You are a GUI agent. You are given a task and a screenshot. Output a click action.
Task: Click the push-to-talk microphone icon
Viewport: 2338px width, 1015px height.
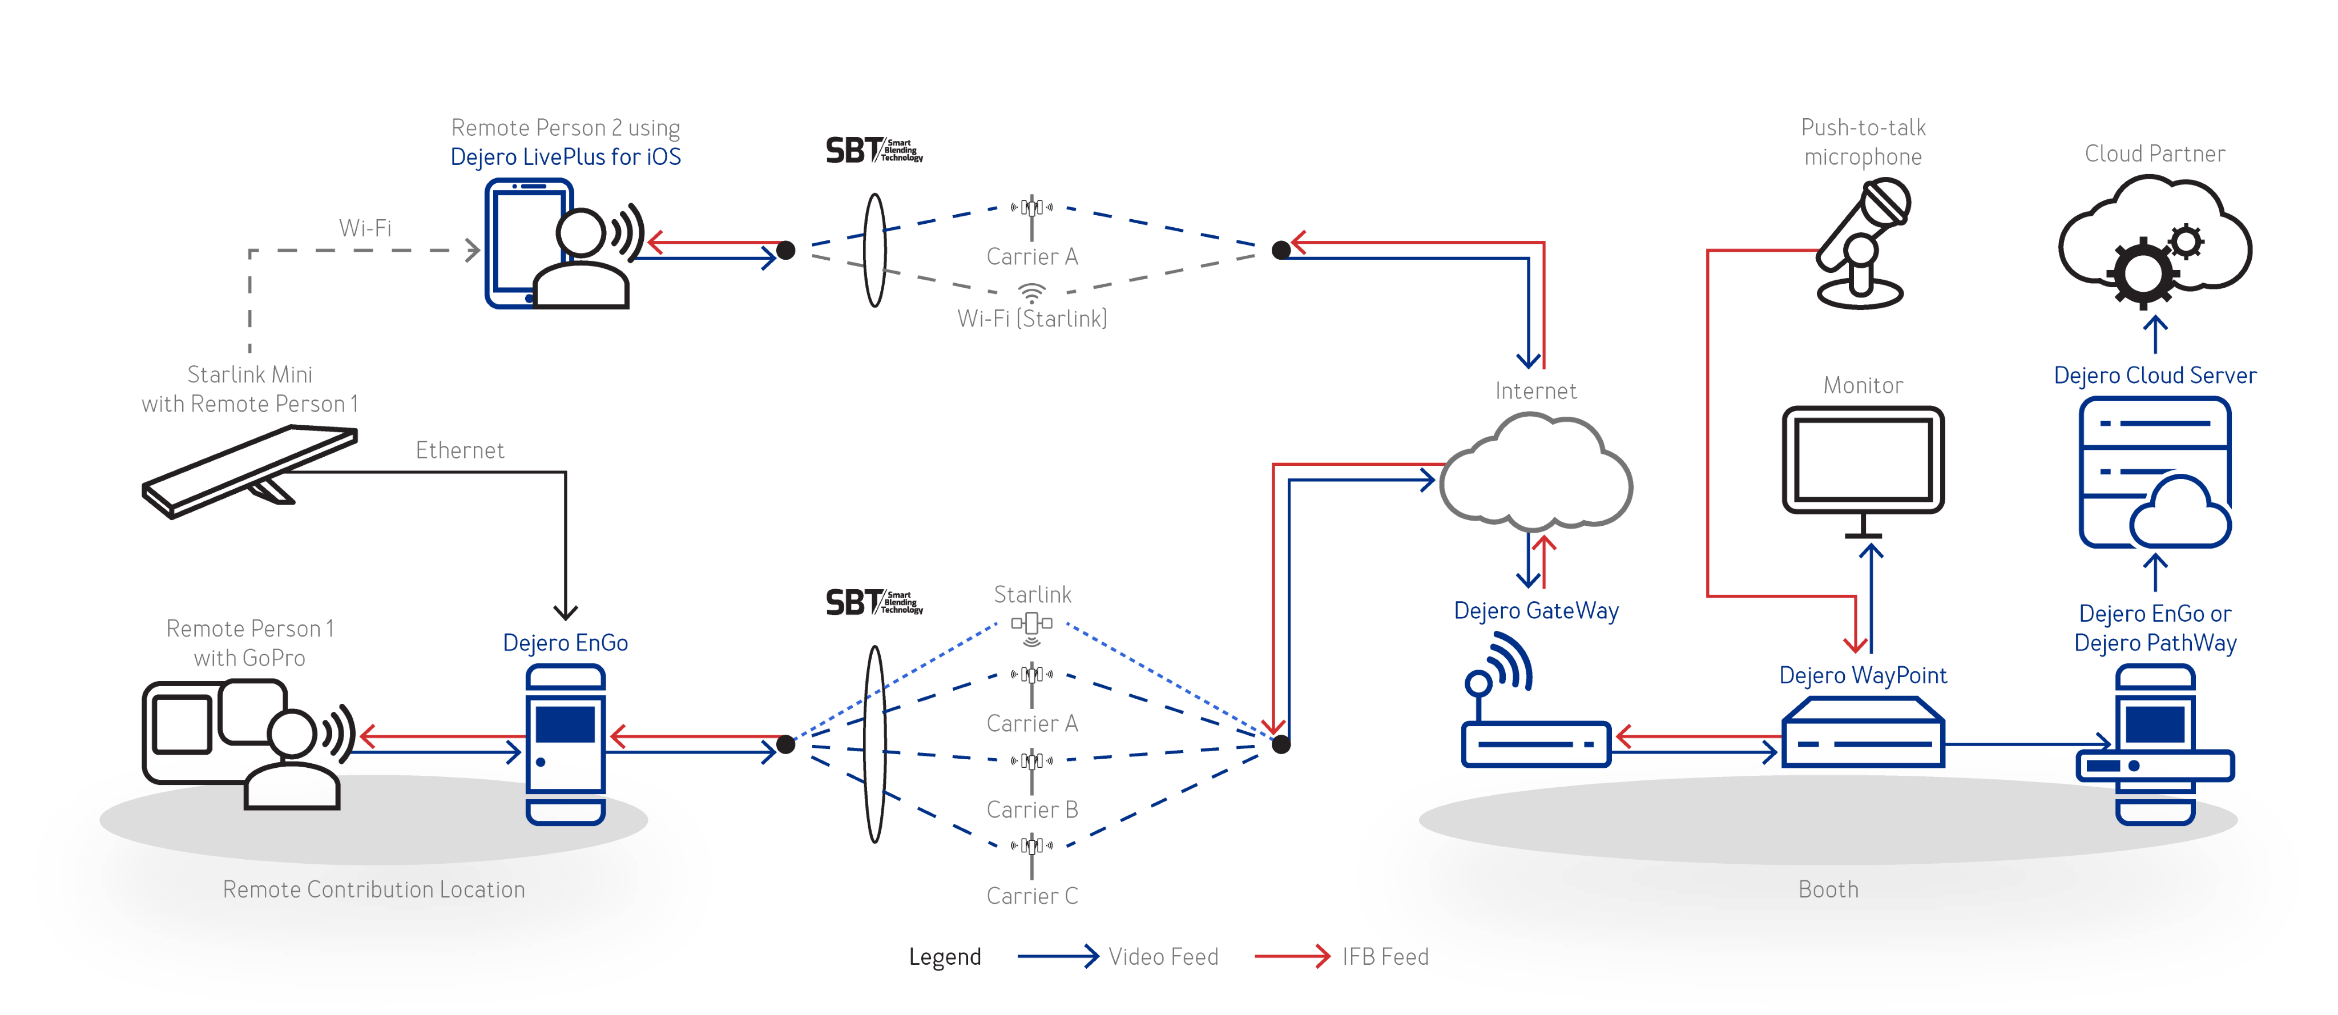1863,243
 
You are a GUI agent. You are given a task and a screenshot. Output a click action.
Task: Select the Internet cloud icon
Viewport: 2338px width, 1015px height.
1535,472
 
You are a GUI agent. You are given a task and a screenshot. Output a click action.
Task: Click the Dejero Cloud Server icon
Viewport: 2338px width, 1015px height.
2155,472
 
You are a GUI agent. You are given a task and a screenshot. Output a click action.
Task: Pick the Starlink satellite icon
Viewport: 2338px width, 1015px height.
1032,626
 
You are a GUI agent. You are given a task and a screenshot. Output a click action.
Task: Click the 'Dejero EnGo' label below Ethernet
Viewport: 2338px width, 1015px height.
566,643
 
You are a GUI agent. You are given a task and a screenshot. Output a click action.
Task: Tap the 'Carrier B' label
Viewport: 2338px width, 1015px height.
1032,809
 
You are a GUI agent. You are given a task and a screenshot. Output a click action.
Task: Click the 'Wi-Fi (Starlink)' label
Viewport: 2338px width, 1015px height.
1032,319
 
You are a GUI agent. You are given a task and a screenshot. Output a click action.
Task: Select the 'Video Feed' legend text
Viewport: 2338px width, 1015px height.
1163,956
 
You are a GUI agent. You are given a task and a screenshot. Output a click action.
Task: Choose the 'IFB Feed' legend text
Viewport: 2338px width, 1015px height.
1385,956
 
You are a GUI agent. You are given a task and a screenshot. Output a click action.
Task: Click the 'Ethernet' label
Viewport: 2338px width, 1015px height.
459,450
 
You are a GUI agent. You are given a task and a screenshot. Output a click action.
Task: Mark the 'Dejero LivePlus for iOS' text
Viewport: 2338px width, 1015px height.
566,157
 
